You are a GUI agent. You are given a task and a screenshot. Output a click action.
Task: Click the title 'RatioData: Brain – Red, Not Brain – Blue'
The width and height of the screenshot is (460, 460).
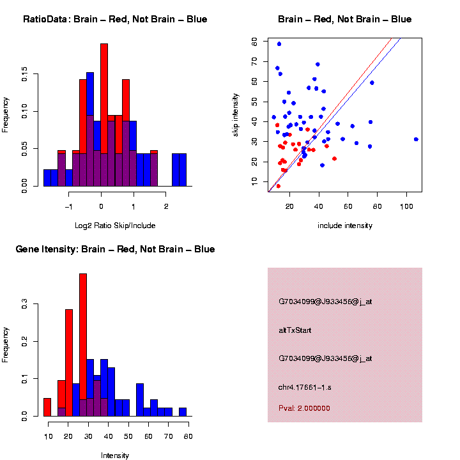click(x=115, y=20)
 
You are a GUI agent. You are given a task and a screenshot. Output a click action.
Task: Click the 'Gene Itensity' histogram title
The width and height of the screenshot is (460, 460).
click(x=115, y=249)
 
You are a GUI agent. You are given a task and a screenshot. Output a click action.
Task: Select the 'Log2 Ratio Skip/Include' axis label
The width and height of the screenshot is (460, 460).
click(x=115, y=226)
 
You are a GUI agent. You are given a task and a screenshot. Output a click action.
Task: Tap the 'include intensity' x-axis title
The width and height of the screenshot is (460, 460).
click(x=345, y=226)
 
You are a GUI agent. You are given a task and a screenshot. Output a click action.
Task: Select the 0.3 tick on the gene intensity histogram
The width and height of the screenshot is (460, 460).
click(x=24, y=305)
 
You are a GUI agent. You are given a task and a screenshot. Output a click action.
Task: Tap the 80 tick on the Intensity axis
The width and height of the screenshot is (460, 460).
click(x=188, y=436)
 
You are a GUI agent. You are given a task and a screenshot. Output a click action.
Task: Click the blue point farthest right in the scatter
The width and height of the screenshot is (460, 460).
click(x=416, y=139)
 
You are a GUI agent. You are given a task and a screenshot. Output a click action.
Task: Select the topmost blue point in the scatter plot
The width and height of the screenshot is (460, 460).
click(x=279, y=44)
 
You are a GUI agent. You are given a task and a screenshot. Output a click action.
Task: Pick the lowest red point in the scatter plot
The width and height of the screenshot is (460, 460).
click(x=278, y=186)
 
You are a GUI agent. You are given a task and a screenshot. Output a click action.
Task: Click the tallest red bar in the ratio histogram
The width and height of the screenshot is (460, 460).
click(x=104, y=115)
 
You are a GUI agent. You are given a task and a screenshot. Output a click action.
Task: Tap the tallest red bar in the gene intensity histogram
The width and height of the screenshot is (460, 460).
click(x=83, y=345)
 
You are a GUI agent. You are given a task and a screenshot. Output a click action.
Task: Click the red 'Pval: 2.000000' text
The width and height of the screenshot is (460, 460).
click(x=304, y=408)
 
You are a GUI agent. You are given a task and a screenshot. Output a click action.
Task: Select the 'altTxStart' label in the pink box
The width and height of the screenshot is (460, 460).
click(x=295, y=330)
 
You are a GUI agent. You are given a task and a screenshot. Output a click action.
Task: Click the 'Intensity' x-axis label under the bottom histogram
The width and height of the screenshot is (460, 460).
click(x=115, y=456)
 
